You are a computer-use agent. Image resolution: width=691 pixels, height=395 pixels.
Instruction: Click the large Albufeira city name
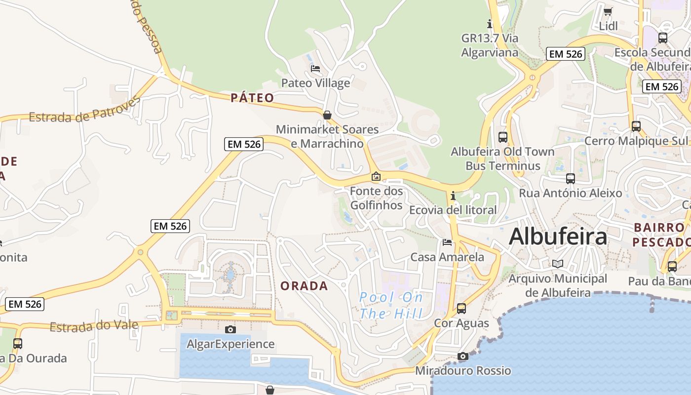point(558,237)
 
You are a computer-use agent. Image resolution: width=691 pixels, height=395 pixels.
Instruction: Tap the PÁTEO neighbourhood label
point(252,98)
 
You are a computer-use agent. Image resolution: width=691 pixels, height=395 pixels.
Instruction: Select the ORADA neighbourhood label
point(304,286)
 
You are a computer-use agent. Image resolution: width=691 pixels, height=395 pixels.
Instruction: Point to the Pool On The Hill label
point(391,305)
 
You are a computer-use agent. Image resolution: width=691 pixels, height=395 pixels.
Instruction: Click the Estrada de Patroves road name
point(84,110)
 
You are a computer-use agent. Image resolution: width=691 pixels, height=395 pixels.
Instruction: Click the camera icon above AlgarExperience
point(230,329)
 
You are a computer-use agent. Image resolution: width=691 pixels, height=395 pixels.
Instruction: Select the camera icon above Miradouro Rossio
point(462,356)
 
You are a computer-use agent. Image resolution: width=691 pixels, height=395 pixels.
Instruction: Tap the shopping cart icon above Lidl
point(608,11)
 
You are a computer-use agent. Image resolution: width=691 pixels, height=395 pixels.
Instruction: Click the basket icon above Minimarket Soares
point(327,115)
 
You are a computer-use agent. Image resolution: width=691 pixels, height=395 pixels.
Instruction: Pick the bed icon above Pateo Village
point(315,68)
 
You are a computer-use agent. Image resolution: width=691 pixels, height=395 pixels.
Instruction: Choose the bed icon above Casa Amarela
point(447,242)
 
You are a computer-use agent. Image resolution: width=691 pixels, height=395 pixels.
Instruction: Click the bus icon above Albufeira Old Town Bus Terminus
point(503,137)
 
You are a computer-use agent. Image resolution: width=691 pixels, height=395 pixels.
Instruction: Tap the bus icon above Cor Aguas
point(461,309)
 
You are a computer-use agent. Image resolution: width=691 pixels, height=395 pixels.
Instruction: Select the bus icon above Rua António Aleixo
point(571,178)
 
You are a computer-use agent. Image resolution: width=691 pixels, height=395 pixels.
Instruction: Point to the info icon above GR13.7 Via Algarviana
point(490,23)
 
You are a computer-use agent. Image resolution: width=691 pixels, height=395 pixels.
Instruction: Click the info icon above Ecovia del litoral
point(453,196)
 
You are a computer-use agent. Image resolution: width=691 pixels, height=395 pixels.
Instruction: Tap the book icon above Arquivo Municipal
point(558,264)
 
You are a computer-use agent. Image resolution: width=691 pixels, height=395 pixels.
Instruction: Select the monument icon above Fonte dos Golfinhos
point(376,176)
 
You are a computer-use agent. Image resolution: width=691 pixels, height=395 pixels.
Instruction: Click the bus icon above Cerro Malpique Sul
point(636,126)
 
